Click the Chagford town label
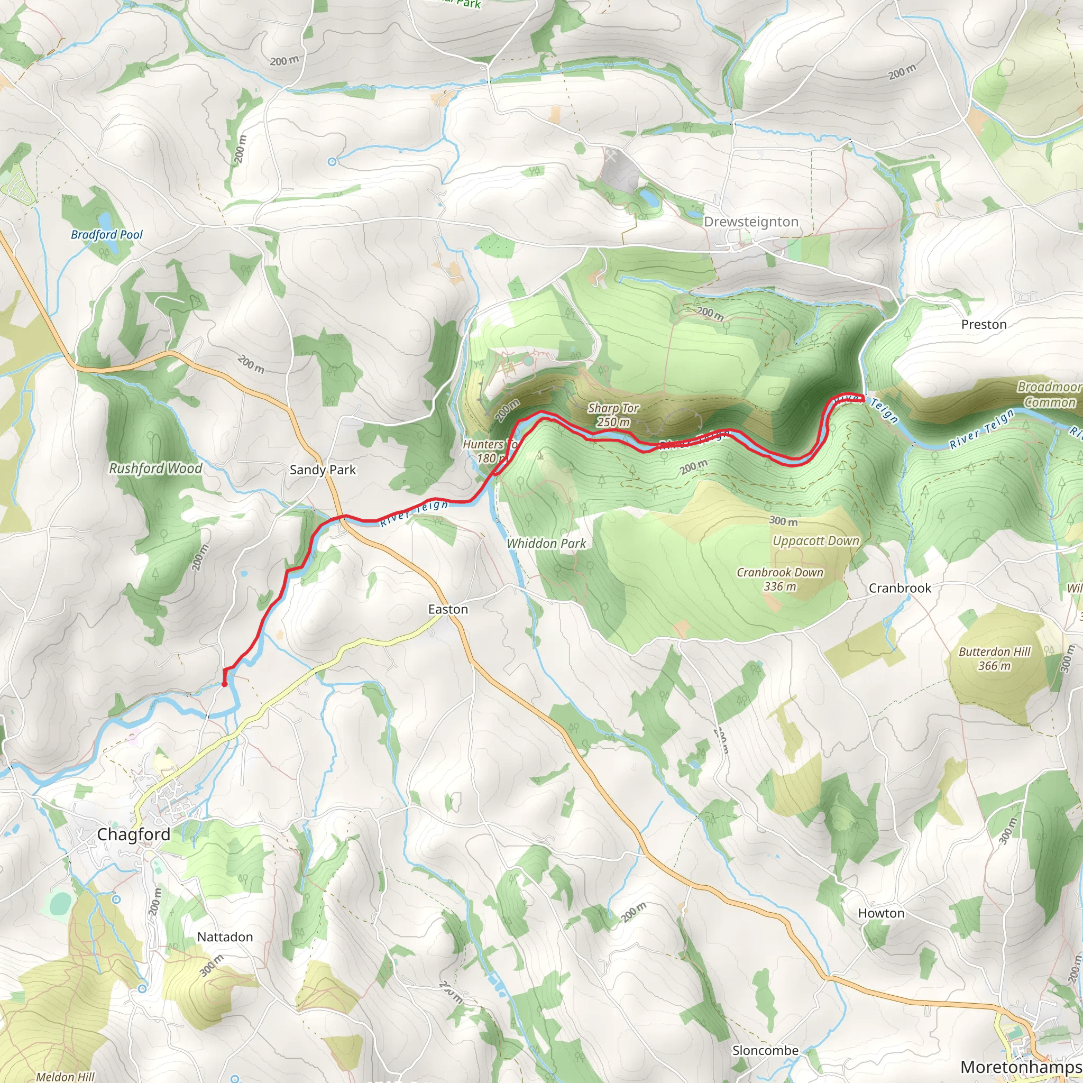[x=133, y=834]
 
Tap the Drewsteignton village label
[x=750, y=222]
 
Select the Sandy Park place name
[x=323, y=470]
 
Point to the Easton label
[x=447, y=609]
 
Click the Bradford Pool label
[x=106, y=235]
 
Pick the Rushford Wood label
[x=155, y=469]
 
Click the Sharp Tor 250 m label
[x=613, y=415]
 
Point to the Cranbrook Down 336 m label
[x=780, y=579]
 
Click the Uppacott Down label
[x=815, y=541]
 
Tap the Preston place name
[x=984, y=325]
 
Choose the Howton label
[x=881, y=913]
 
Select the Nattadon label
[x=225, y=937]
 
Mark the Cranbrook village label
[x=900, y=588]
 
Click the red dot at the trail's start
[x=224, y=684]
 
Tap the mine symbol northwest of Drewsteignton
[x=610, y=158]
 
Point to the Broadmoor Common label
[x=1049, y=394]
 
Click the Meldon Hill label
[x=65, y=1076]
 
